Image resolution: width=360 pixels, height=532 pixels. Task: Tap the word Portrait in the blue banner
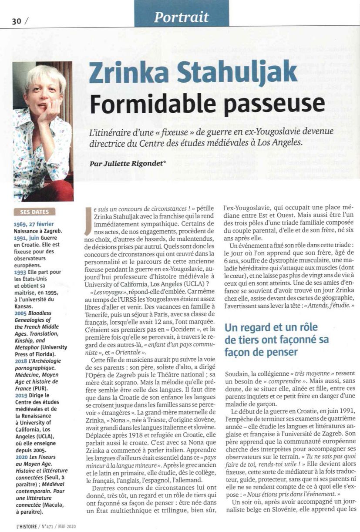pyautogui.click(x=182, y=17)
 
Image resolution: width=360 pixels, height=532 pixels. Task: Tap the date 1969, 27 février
pyautogui.click(x=32, y=224)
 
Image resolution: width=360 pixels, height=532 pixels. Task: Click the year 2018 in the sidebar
pyautogui.click(x=20, y=361)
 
